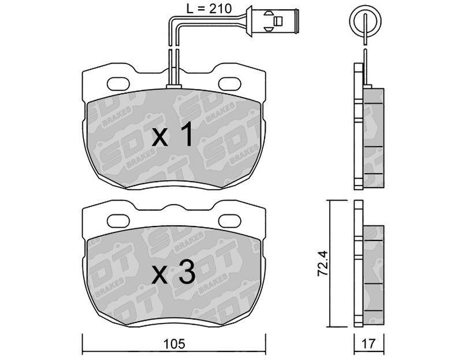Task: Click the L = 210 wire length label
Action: click(x=209, y=9)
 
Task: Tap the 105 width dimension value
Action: click(x=174, y=343)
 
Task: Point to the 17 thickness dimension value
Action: click(x=369, y=343)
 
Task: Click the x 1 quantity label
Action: click(x=173, y=135)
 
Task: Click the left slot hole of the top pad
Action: click(x=118, y=84)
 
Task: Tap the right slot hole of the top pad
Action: click(x=229, y=83)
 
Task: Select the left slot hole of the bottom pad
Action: click(x=118, y=221)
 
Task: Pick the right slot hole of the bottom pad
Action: click(x=229, y=221)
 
